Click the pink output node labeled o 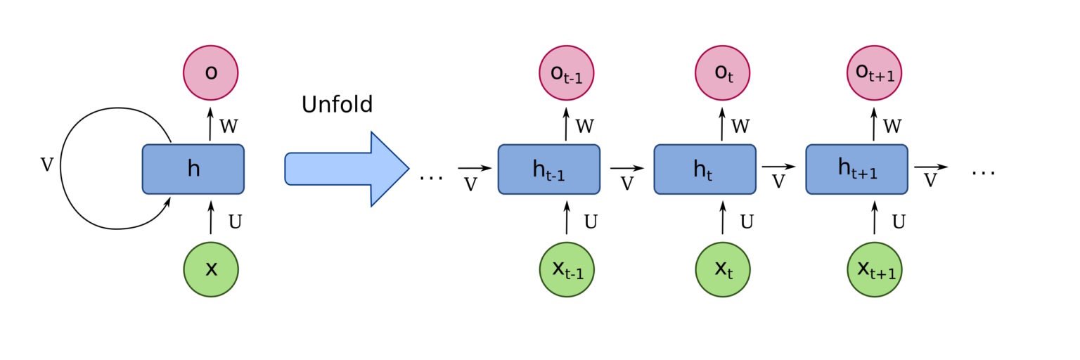click(210, 73)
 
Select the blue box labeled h click(193, 169)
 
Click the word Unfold click(337, 105)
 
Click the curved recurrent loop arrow click(63, 169)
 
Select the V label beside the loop click(46, 165)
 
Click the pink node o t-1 click(567, 73)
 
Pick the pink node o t click(723, 73)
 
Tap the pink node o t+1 click(875, 73)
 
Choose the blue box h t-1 click(549, 169)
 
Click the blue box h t click(705, 169)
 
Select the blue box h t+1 click(857, 169)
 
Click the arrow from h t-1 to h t click(626, 168)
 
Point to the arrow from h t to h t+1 click(778, 167)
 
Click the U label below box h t click(747, 222)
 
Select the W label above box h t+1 click(892, 127)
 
